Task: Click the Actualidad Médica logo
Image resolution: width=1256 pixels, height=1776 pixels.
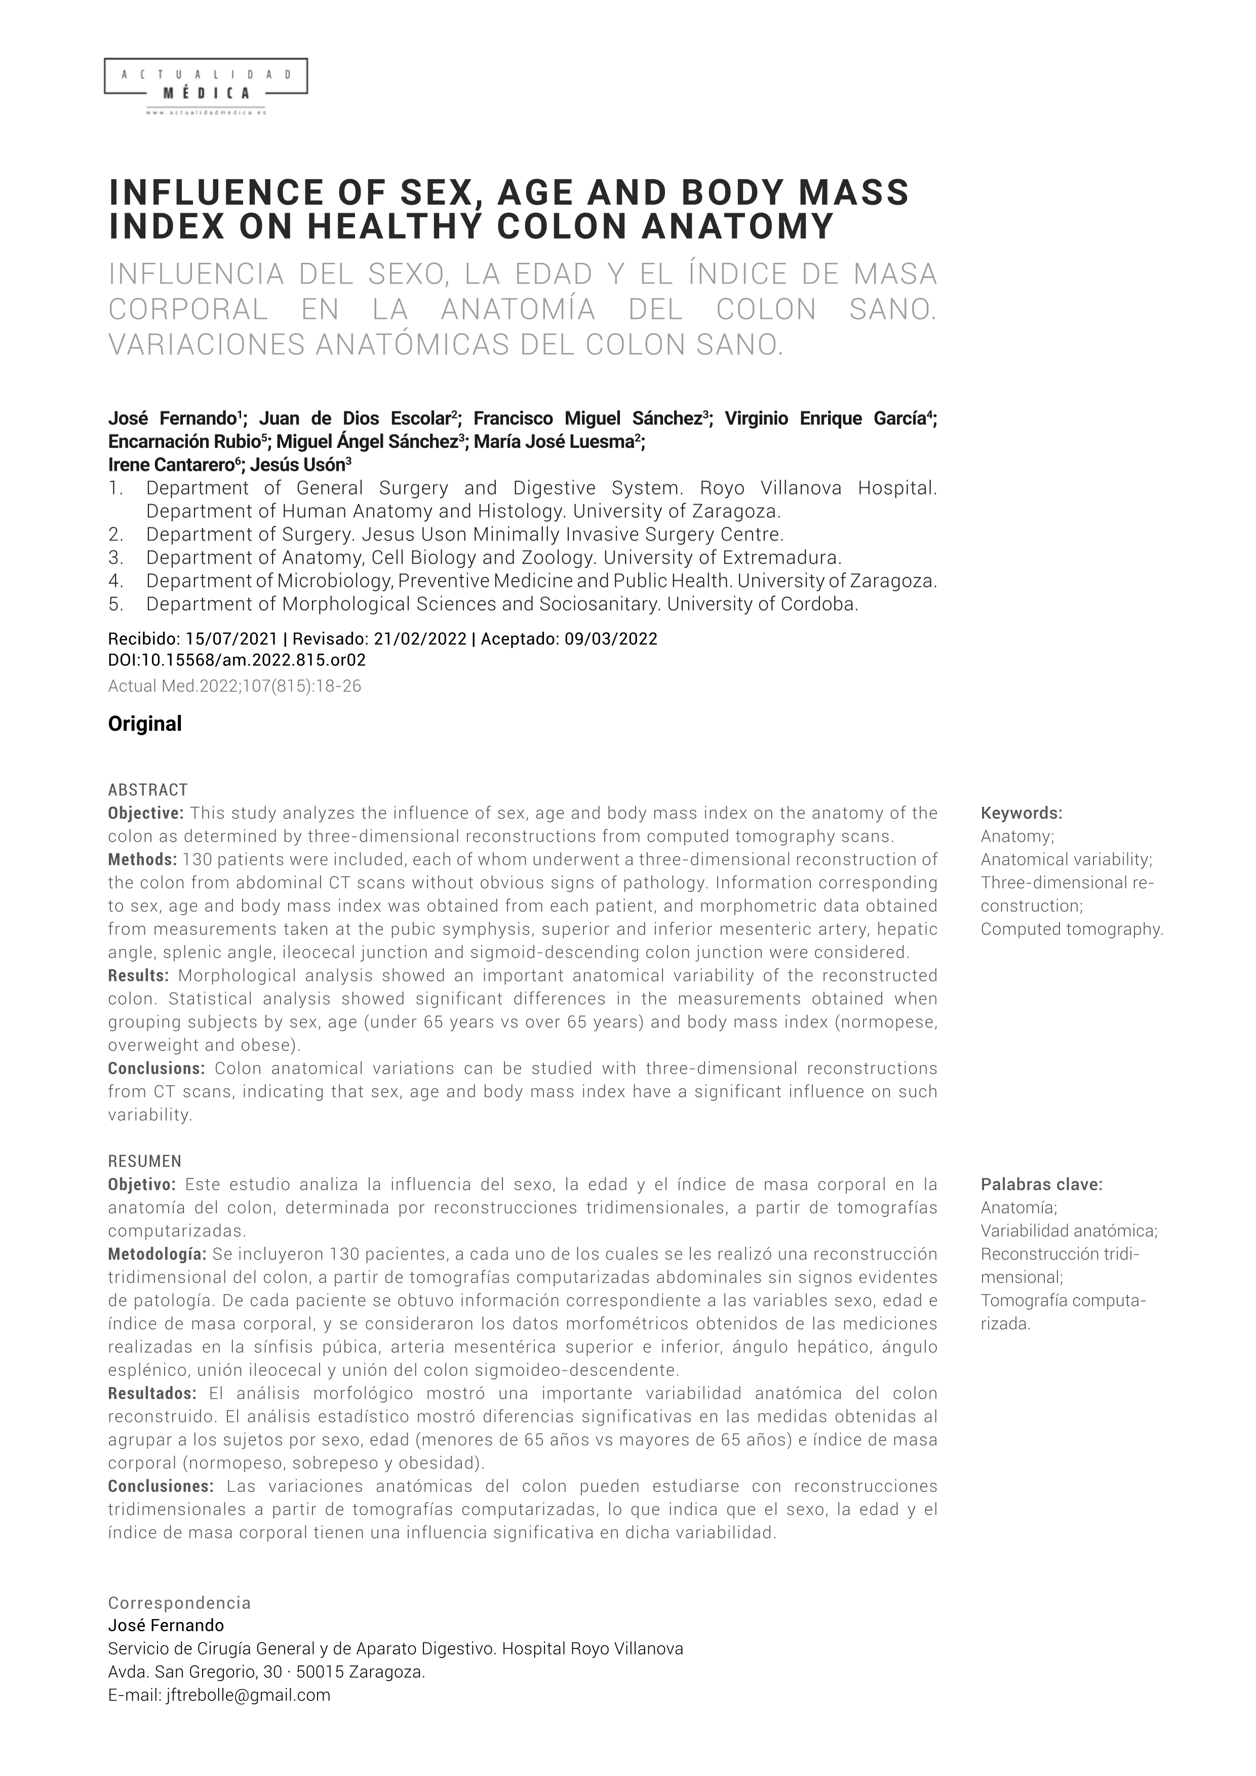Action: point(205,85)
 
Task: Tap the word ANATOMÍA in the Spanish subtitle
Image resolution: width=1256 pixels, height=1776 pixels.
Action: point(518,309)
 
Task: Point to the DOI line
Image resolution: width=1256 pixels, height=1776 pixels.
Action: point(237,660)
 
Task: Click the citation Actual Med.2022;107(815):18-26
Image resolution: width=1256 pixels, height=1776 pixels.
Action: point(234,686)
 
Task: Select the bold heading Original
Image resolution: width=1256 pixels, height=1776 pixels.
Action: point(145,724)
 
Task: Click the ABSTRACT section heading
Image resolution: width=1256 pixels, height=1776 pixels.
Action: point(148,790)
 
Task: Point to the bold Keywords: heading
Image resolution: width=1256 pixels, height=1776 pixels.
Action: point(1021,813)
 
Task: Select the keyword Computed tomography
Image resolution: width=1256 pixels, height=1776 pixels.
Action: point(1071,929)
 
